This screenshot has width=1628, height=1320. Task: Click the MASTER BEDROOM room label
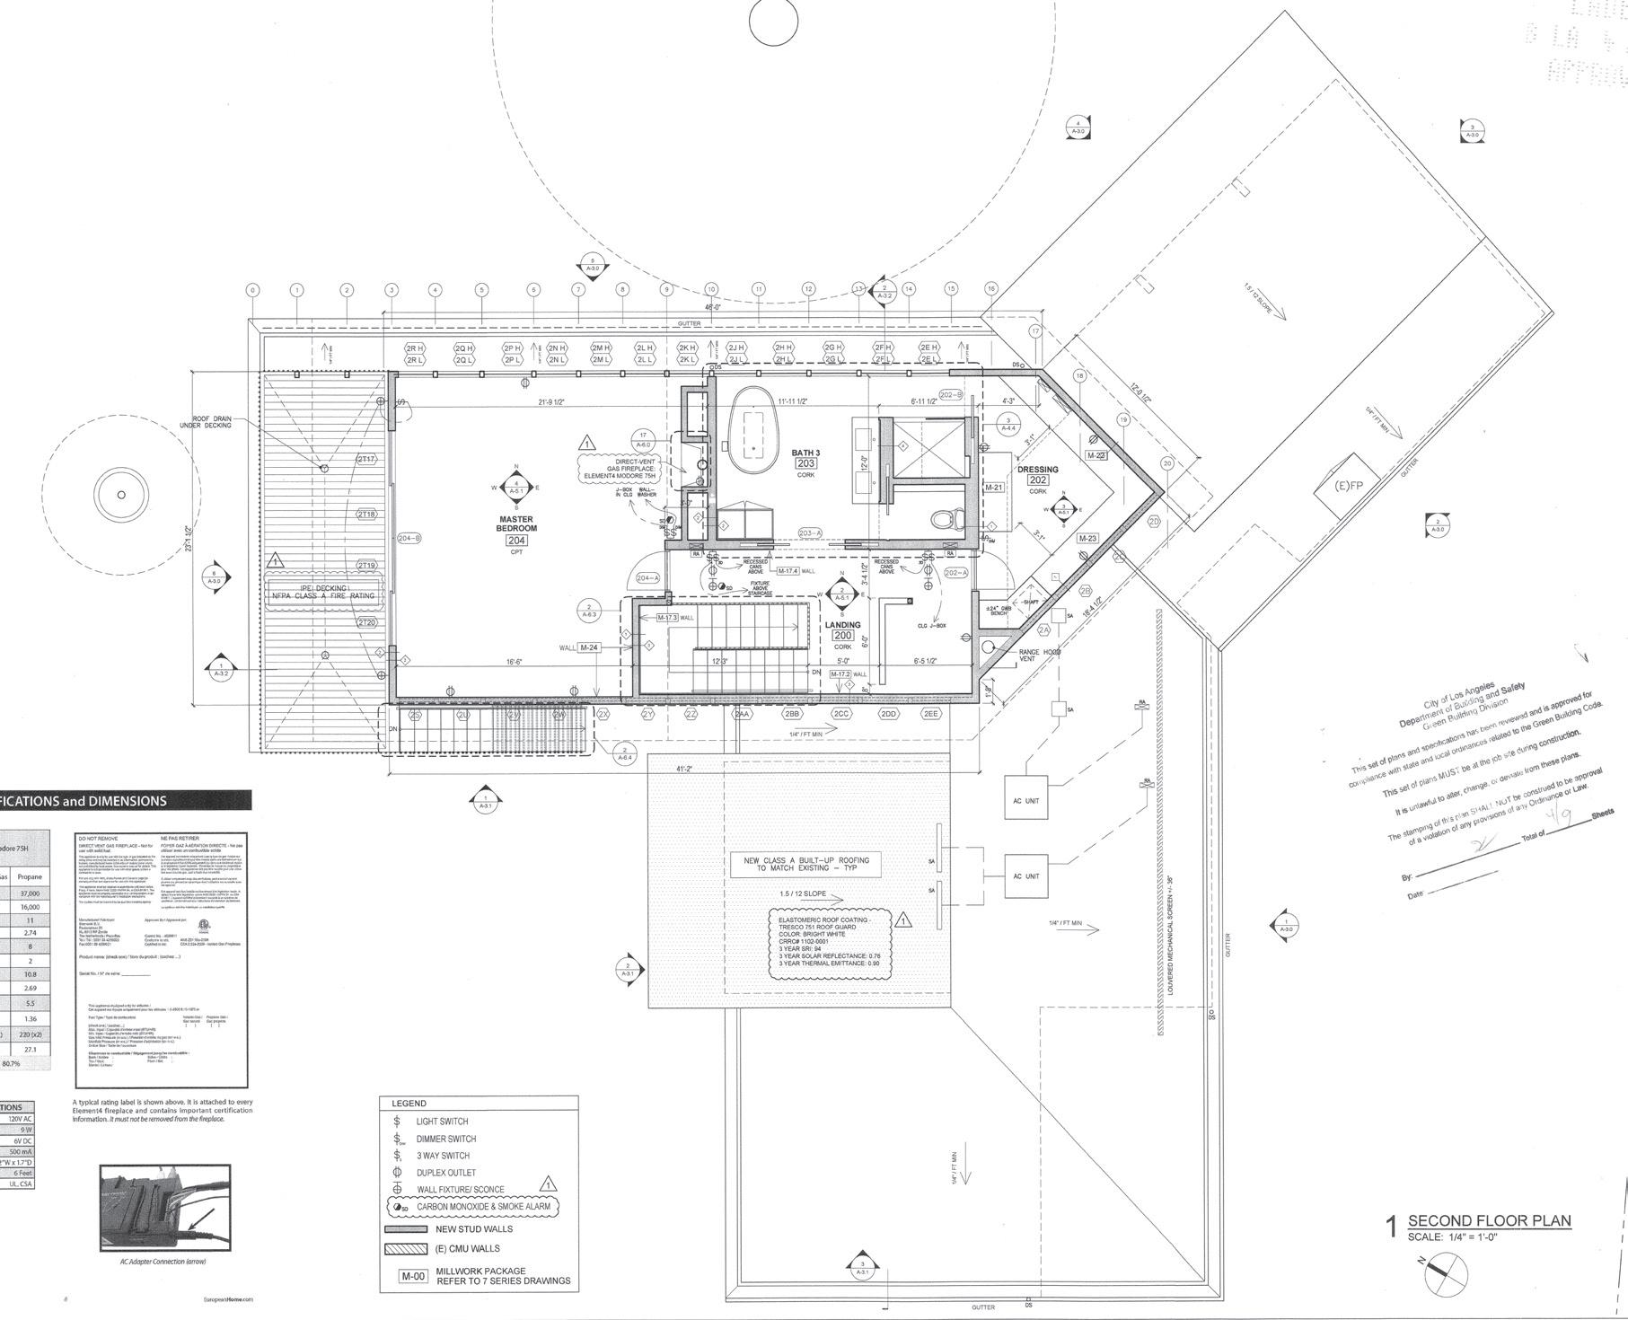pyautogui.click(x=516, y=524)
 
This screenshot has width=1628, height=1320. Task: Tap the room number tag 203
pyautogui.click(x=805, y=463)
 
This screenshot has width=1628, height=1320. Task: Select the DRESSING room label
pyautogui.click(x=1037, y=470)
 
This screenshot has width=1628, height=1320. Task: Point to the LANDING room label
pyautogui.click(x=841, y=625)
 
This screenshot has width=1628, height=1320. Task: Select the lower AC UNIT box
pyautogui.click(x=1025, y=876)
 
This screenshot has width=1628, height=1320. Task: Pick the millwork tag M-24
pyautogui.click(x=589, y=647)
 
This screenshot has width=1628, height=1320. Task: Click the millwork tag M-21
pyautogui.click(x=993, y=488)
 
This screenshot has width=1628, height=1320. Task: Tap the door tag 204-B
pyautogui.click(x=409, y=539)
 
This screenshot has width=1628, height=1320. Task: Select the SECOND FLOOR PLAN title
pyautogui.click(x=1489, y=1220)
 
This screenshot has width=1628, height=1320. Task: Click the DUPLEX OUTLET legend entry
pyautogui.click(x=445, y=1173)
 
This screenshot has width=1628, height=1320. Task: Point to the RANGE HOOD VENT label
pyautogui.click(x=1039, y=656)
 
